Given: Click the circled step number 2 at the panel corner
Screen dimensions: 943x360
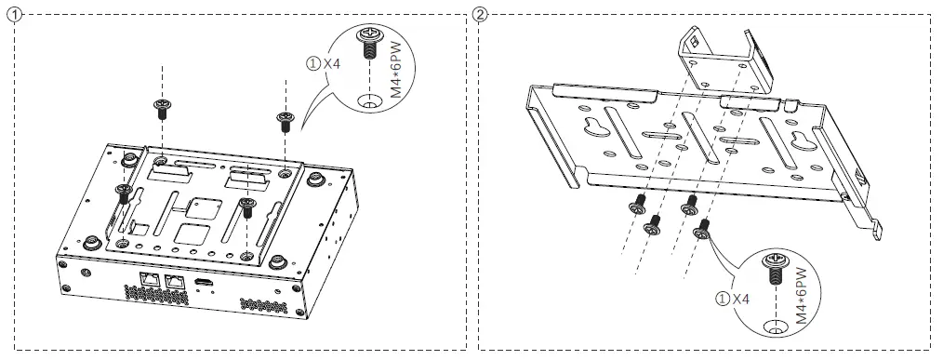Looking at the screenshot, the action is [479, 14].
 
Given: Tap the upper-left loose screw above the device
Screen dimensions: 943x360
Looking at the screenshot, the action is [162, 108].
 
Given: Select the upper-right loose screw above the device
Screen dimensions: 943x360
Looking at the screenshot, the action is [284, 118].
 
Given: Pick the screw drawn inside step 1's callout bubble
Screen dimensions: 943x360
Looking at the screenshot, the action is [368, 44].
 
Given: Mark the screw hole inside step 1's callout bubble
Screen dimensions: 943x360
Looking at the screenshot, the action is [369, 100].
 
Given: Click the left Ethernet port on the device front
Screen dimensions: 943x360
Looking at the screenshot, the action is [147, 278].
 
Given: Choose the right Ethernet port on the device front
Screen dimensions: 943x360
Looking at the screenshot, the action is [172, 279].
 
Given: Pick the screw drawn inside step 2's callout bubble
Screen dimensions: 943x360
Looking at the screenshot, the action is [774, 270].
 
